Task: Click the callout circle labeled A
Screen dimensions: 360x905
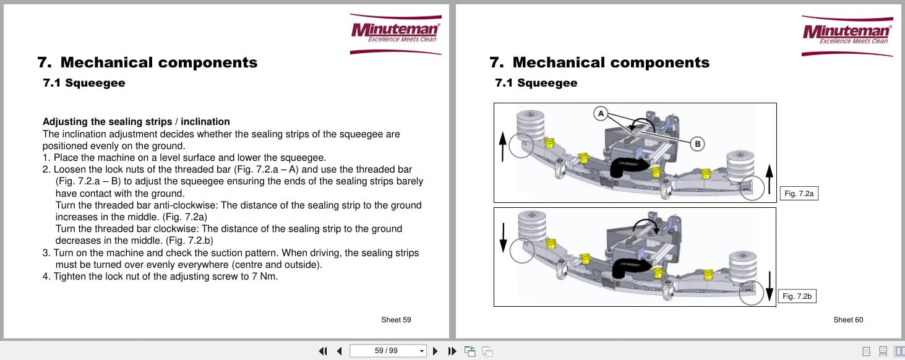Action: (x=599, y=113)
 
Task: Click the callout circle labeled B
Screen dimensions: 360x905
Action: (x=697, y=144)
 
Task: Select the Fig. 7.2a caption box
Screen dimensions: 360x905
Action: (x=799, y=194)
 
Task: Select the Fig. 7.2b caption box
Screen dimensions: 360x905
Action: (x=797, y=296)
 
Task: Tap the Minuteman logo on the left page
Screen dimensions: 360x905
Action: (x=396, y=33)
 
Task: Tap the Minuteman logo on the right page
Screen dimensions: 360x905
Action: (x=847, y=35)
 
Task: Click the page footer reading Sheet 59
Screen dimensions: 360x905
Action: (x=396, y=320)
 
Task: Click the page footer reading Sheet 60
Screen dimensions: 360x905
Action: (x=848, y=320)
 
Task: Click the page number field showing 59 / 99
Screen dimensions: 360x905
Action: (x=387, y=351)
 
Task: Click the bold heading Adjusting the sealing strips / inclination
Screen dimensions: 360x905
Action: (x=136, y=122)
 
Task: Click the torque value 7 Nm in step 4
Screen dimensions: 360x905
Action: (x=264, y=276)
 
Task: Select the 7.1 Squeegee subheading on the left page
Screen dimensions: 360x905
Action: (x=84, y=83)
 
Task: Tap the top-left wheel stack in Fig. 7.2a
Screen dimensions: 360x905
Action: (x=531, y=124)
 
